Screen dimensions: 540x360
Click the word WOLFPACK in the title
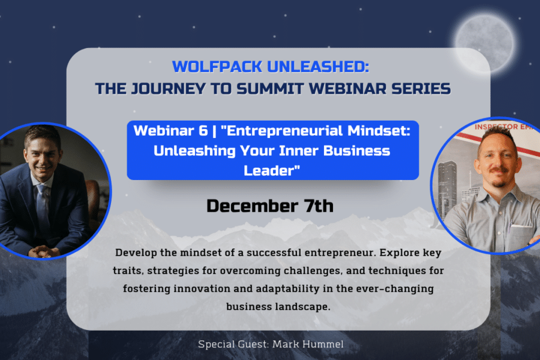pyautogui.click(x=217, y=67)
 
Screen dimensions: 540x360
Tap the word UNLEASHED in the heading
pyautogui.click(x=318, y=67)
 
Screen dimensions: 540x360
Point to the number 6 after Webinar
pyautogui.click(x=203, y=131)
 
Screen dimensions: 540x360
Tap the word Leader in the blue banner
pyautogui.click(x=269, y=170)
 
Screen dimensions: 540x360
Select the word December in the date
pyautogui.click(x=253, y=206)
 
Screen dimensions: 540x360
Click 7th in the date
pyautogui.click(x=319, y=206)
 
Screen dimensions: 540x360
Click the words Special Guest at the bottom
pyautogui.click(x=233, y=344)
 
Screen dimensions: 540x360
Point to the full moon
pyautogui.click(x=485, y=43)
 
